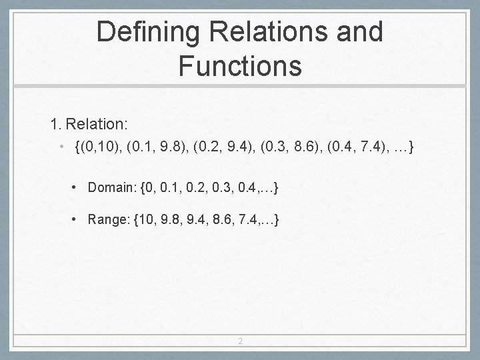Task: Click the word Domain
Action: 110,189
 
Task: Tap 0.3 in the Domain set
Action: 225,189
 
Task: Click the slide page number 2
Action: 240,341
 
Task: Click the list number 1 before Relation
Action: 55,124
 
